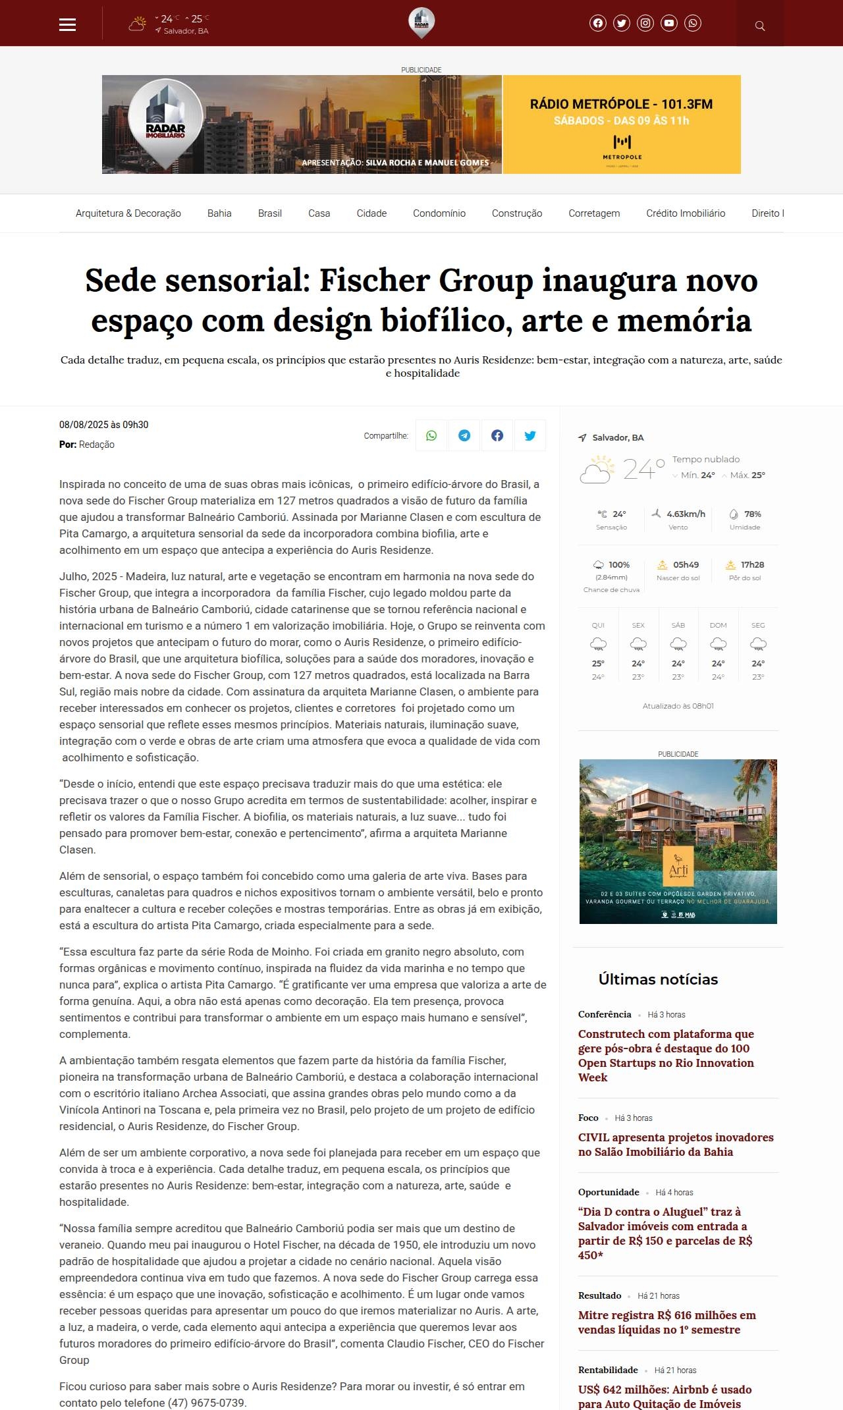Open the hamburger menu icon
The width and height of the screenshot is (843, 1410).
coord(68,24)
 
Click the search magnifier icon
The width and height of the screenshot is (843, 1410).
coord(760,26)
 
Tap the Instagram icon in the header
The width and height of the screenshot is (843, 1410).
coord(645,24)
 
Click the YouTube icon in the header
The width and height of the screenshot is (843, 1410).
coord(669,24)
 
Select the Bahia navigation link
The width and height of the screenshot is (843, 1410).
coord(219,213)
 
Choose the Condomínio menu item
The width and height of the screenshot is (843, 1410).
coord(439,213)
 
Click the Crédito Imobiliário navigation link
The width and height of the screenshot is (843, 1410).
coord(686,213)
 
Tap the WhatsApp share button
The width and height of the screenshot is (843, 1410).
coord(431,435)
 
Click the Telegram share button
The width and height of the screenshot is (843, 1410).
coord(464,435)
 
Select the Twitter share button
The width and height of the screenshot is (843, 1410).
coord(530,435)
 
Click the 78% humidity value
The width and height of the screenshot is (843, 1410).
coord(752,514)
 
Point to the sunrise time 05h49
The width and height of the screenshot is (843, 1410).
coord(686,565)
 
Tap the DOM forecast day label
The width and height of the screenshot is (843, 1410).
coord(718,625)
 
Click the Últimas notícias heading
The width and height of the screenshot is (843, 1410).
coord(658,979)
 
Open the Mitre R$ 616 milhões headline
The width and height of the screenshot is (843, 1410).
coord(666,1322)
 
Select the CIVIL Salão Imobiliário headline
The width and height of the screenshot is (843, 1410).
coord(676,1145)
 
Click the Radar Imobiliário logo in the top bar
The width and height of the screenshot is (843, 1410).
coord(421,22)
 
